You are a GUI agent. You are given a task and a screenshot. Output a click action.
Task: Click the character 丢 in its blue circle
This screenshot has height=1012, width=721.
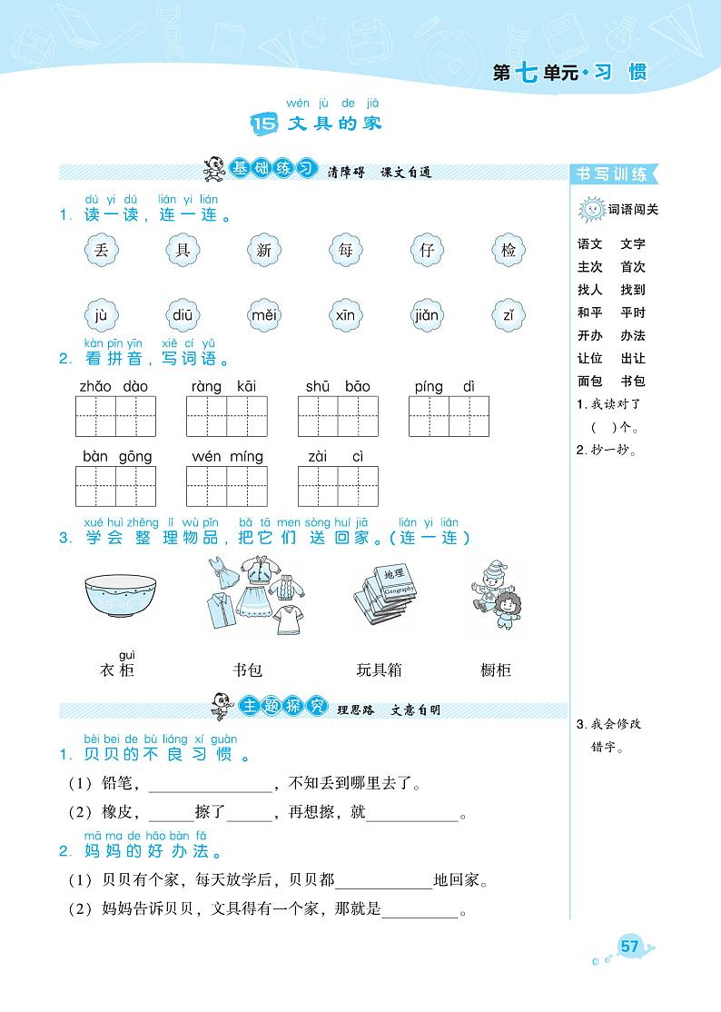point(101,250)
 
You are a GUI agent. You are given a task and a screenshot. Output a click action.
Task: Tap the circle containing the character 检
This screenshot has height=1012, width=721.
point(508,250)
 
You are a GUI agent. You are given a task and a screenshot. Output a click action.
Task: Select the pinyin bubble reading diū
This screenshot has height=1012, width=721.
point(182,316)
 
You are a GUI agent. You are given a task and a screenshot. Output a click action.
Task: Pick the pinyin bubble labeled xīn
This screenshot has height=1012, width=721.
point(345,316)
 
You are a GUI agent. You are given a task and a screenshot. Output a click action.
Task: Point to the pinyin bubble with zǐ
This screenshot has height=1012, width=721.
point(508,316)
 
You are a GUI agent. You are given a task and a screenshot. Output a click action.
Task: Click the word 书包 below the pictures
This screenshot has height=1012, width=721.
point(247,670)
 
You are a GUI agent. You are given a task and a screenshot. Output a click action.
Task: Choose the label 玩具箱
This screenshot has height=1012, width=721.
point(380,670)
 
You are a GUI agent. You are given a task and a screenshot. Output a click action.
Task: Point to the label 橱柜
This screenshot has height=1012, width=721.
point(496,670)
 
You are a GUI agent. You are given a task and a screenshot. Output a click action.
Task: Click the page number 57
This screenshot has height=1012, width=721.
point(630,947)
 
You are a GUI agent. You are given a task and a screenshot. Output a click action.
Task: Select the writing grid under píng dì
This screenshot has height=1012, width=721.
point(449,416)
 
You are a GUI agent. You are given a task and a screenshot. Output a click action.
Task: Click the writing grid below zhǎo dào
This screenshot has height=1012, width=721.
point(114,416)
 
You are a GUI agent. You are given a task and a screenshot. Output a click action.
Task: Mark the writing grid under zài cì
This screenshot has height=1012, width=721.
point(338,486)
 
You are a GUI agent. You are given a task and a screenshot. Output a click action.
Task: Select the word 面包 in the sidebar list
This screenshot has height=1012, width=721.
point(589,382)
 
